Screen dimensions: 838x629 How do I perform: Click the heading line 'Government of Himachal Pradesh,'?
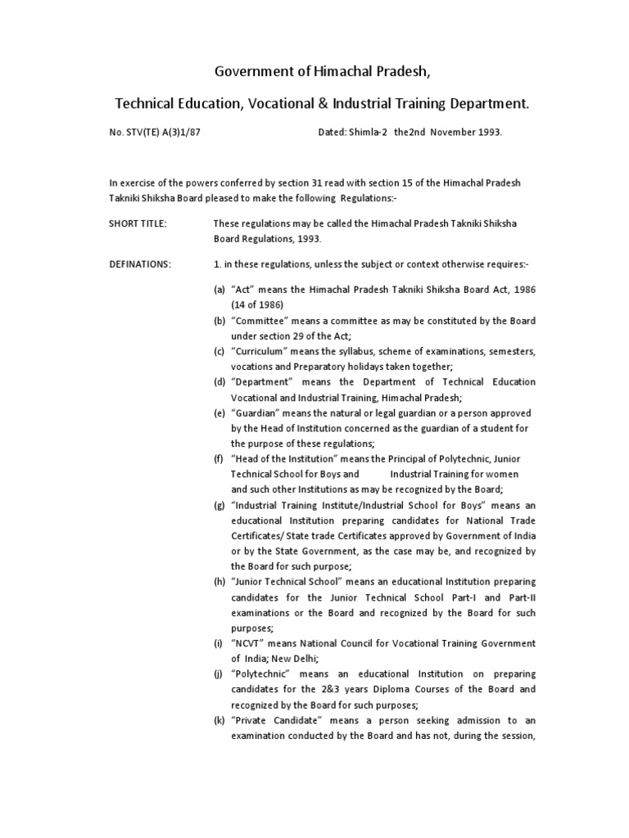click(322, 71)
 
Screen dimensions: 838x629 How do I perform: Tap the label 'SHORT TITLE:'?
click(137, 224)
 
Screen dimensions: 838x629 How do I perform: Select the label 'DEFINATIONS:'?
click(140, 264)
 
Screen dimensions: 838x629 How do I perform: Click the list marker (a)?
click(219, 290)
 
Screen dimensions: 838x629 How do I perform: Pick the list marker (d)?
click(219, 382)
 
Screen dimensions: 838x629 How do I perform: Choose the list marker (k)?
click(219, 720)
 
